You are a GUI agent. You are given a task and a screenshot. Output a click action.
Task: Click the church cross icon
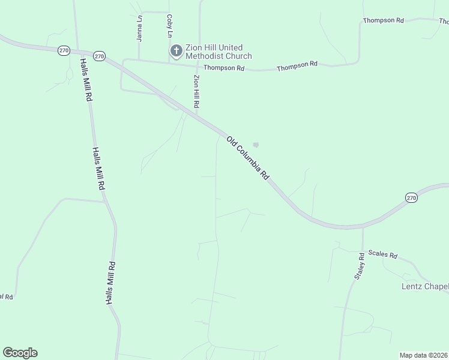click(x=176, y=51)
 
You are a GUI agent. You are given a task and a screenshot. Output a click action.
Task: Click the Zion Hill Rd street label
click(x=196, y=91)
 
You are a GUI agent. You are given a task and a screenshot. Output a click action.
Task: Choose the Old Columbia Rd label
click(x=247, y=158)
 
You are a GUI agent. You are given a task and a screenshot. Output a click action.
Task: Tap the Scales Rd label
click(x=383, y=255)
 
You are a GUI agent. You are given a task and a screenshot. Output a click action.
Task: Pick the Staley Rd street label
click(x=360, y=266)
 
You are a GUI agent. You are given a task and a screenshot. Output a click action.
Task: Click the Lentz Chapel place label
click(x=424, y=286)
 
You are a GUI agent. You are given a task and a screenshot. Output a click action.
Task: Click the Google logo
click(x=20, y=353)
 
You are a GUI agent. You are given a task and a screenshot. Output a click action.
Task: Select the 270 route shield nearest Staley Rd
click(x=411, y=197)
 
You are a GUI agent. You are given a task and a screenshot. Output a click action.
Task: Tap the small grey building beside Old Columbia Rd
click(x=256, y=145)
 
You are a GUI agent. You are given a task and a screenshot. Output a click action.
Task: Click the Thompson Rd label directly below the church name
click(x=224, y=68)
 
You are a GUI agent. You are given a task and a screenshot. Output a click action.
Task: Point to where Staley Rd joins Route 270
click(x=363, y=227)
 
